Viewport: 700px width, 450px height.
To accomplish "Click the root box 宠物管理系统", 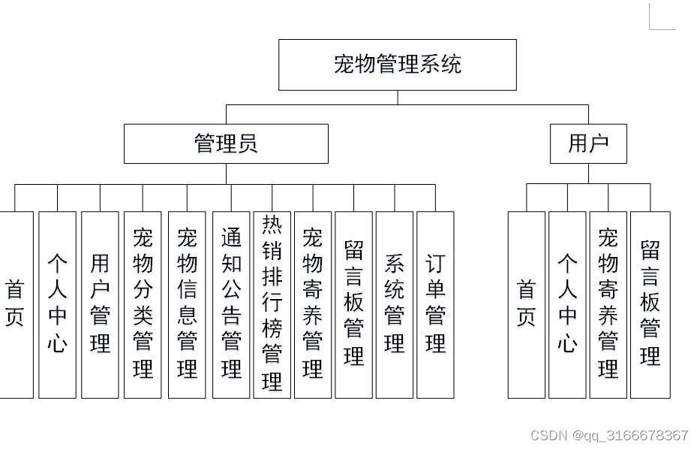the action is tap(398, 65).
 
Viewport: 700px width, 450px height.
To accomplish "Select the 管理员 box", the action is tap(226, 143).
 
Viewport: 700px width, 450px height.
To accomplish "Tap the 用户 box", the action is tap(588, 143).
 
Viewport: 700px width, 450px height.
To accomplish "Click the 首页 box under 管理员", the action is tap(17, 305).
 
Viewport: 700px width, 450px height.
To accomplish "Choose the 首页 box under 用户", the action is tap(527, 305).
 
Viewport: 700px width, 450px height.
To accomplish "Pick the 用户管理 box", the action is tap(100, 305).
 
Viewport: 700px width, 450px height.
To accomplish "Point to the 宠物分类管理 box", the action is tap(143, 305).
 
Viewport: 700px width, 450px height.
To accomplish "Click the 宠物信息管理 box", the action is tap(187, 305).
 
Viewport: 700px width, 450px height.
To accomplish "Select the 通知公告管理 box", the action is tap(231, 305).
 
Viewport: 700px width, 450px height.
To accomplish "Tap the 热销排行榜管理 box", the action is tap(272, 305).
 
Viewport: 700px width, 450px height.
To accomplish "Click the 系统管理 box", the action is tap(395, 305).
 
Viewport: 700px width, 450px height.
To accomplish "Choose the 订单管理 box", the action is tap(435, 305).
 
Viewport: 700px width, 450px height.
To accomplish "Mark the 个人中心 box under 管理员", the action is tap(57, 305).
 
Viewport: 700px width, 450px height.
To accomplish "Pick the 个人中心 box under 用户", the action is tap(567, 305).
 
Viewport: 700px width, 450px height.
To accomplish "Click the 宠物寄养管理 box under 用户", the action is tap(608, 305).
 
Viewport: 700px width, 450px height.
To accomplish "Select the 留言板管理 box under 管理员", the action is tap(353, 305).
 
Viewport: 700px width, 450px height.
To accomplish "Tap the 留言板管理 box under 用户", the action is tap(650, 305).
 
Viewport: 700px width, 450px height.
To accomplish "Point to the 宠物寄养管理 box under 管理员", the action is tap(313, 305).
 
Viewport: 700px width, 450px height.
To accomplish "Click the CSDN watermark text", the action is tap(609, 435).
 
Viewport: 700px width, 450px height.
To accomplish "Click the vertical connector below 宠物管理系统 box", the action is tap(398, 98).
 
